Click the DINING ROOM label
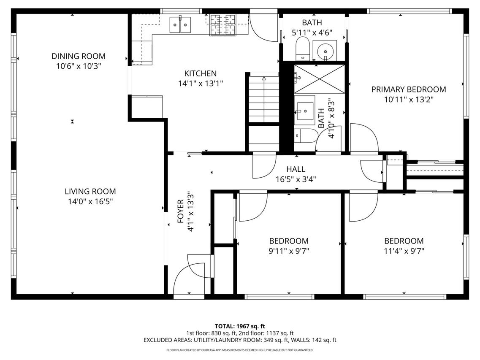pyautogui.click(x=79, y=56)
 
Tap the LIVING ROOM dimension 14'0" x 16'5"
pyautogui.click(x=90, y=201)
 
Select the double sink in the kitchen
pyautogui.click(x=181, y=24)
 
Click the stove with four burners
pyautogui.click(x=222, y=24)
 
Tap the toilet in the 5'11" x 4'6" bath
pyautogui.click(x=303, y=48)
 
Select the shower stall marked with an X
pyautogui.click(x=319, y=78)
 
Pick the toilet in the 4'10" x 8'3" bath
pyautogui.click(x=305, y=136)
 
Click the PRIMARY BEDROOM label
pyautogui.click(x=408, y=89)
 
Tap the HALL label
pyautogui.click(x=296, y=169)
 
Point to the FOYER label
pyautogui.click(x=181, y=211)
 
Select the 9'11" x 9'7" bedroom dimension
pyautogui.click(x=289, y=251)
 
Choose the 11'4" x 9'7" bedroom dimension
pyautogui.click(x=404, y=251)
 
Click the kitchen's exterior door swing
pyautogui.click(x=264, y=27)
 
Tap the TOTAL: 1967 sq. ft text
pyautogui.click(x=240, y=326)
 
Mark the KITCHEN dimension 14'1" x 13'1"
pyautogui.click(x=201, y=84)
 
